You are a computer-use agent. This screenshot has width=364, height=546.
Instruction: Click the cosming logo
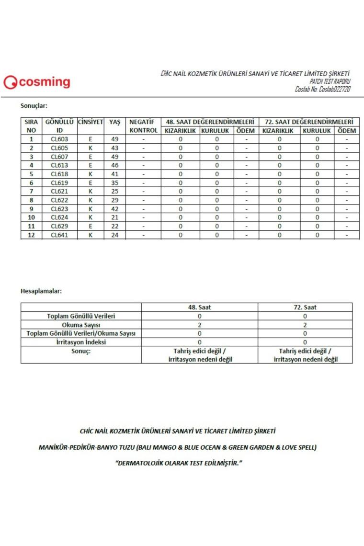37,82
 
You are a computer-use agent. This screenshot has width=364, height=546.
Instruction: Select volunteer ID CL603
59,139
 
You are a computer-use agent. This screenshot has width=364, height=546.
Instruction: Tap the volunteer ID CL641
59,235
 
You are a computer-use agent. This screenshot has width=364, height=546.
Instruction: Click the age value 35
114,182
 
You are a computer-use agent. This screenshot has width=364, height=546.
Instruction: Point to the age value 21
114,217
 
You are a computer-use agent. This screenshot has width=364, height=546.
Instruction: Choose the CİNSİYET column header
91,122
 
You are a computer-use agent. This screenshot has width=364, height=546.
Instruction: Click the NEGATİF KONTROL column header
143,126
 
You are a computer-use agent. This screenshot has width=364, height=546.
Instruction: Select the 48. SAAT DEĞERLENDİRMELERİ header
209,122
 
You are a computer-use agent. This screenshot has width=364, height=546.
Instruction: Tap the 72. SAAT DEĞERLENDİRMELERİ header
308,122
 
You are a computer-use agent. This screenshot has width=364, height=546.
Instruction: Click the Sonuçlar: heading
34,106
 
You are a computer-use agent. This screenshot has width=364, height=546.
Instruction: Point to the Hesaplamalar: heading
41,291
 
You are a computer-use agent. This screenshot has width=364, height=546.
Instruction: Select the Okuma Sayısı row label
81,325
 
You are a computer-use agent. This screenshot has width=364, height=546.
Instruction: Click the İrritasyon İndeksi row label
81,342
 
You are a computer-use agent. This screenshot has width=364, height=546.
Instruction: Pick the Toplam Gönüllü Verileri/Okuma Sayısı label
81,333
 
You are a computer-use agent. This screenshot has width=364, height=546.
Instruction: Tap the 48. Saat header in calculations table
199,307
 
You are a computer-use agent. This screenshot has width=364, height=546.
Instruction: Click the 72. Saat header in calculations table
305,307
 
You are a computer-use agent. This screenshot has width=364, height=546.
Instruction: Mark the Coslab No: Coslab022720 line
322,90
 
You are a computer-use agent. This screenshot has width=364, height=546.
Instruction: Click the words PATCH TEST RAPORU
330,82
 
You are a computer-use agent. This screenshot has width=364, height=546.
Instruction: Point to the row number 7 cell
32,191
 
